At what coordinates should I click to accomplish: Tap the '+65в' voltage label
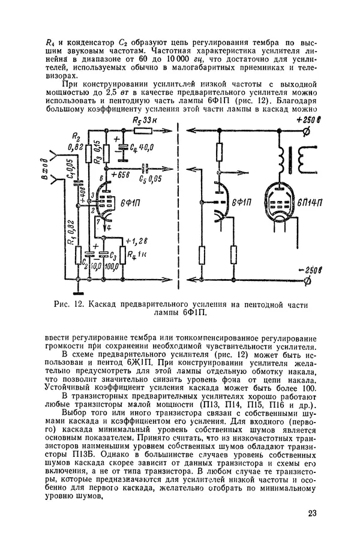pos(119,175)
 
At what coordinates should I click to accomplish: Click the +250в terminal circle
pos(306,131)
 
